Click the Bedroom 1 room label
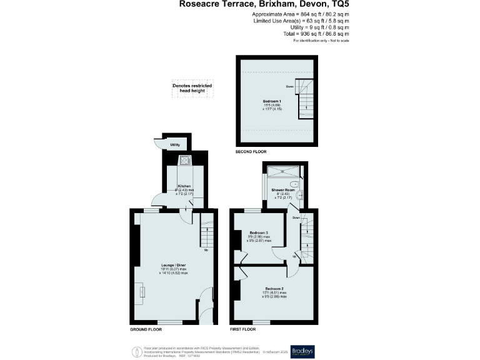pyautogui.click(x=271, y=101)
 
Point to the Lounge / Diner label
pyautogui.click(x=173, y=265)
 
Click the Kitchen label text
pyautogui.click(x=184, y=186)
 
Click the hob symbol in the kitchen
pyautogui.click(x=186, y=161)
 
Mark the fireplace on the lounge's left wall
pyautogui.click(x=141, y=291)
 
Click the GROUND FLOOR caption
pyautogui.click(x=146, y=329)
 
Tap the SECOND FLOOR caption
pyautogui.click(x=251, y=152)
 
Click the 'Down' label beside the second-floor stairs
pyautogui.click(x=290, y=87)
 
